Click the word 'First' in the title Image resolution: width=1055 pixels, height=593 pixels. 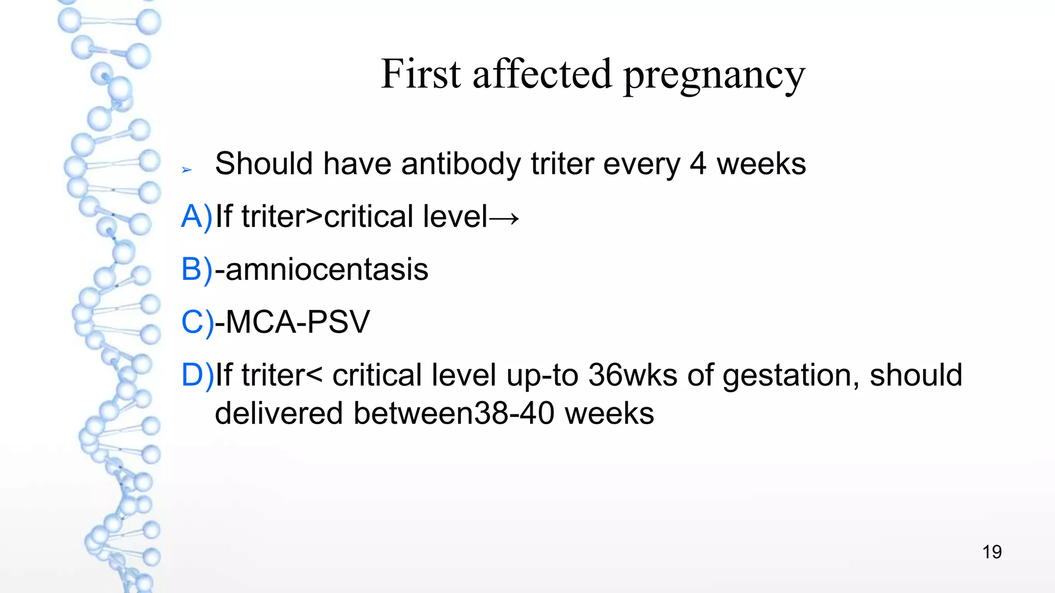click(420, 74)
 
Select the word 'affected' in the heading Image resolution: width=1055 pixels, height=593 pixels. click(542, 74)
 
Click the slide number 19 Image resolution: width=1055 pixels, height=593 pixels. click(992, 552)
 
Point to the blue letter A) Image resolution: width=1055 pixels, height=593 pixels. click(196, 216)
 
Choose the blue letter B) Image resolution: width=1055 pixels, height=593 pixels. click(196, 269)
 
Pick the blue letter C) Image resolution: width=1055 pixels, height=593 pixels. click(197, 322)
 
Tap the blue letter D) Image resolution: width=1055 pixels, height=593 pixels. click(197, 375)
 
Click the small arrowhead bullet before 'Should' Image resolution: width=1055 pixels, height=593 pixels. click(186, 169)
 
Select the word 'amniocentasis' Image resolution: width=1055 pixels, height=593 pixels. click(327, 269)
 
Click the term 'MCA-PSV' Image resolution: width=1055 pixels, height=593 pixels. click(298, 322)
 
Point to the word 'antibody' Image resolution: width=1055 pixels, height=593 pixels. click(461, 165)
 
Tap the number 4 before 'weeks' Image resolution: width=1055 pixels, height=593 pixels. click(697, 164)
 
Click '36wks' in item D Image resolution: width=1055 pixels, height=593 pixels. click(633, 375)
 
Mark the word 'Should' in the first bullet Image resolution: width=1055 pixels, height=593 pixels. click(263, 164)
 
